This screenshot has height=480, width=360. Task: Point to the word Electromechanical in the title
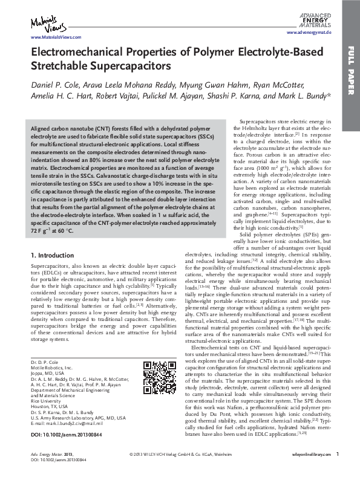coord(73,53)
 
